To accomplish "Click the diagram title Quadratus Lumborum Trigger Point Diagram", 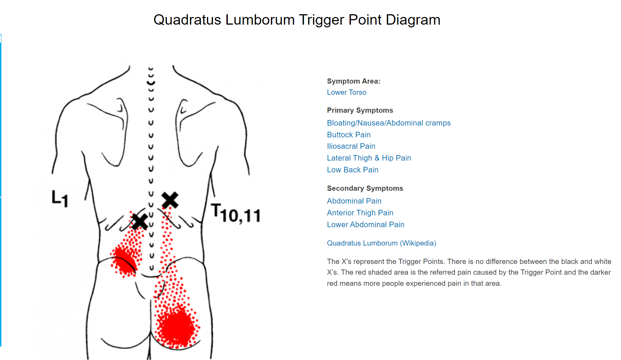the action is pos(297,20).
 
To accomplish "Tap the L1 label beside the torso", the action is pos(60,198).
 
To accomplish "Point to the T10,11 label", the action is pos(236,213).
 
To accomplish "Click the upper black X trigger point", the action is pos(170,200).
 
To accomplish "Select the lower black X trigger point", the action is pos(140,222).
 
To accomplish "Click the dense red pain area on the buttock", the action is pos(177,326).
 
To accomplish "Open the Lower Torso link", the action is pos(346,92).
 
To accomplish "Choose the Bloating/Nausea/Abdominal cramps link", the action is pos(389,123).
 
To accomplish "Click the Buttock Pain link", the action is pos(348,135).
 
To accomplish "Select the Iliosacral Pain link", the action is pos(351,146).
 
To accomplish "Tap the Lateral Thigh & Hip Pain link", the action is pos(369,158).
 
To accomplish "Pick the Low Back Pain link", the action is pos(352,170).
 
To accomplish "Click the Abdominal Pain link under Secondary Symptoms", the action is pos(354,201).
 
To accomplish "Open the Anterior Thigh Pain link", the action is pos(360,213).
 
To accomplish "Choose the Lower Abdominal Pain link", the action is pos(365,224).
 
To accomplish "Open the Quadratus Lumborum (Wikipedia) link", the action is pos(381,243).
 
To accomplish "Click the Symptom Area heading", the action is pos(353,81).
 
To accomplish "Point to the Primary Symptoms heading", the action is pos(360,110).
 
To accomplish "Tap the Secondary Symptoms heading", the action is pos(365,188).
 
